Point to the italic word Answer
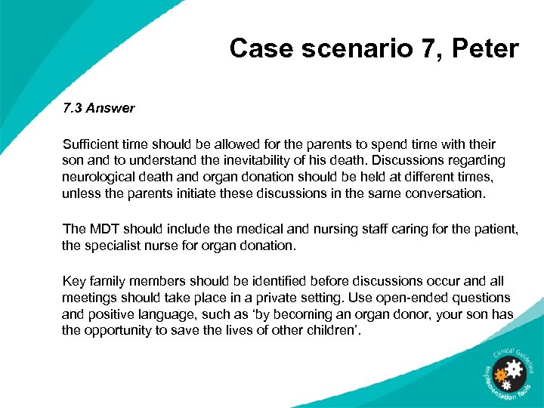(110, 108)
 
